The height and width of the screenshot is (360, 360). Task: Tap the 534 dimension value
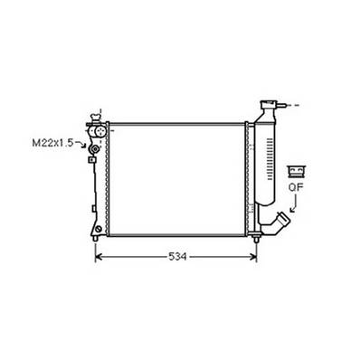tap(176, 257)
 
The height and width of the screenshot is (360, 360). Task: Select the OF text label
tap(294, 188)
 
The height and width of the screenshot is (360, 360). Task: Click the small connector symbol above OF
tap(294, 171)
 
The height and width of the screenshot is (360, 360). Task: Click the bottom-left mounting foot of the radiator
tap(96, 231)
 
